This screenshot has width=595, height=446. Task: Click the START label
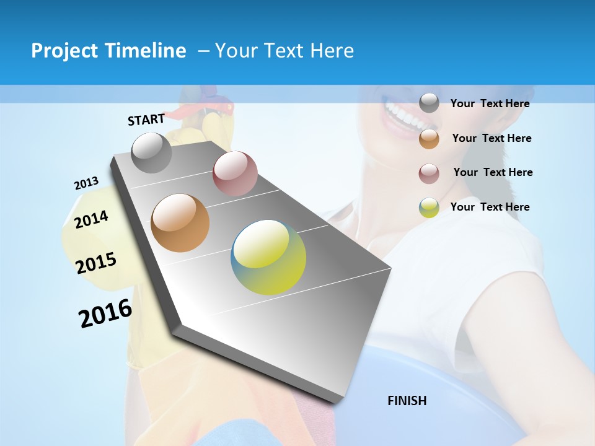tap(146, 119)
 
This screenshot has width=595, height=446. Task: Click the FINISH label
tap(407, 401)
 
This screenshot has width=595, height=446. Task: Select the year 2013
tap(86, 183)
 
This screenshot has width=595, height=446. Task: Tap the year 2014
tap(91, 219)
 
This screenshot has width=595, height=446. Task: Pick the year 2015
tap(96, 263)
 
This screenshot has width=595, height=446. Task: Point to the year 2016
tap(105, 313)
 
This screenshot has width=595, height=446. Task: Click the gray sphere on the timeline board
tap(151, 152)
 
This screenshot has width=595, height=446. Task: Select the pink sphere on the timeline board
tap(235, 173)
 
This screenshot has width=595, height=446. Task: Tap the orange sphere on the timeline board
tap(180, 223)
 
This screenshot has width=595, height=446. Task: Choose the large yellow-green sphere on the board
tap(268, 257)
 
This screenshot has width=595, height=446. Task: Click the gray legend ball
tap(429, 103)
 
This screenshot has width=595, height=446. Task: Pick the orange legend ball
tap(429, 139)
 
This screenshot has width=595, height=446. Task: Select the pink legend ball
tap(429, 173)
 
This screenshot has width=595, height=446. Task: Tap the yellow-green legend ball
tap(429, 208)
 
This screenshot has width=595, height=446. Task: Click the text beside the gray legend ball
tap(490, 103)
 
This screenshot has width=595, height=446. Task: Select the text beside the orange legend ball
tap(491, 138)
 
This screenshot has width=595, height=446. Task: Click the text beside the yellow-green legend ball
tap(490, 207)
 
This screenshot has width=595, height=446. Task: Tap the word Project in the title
tap(60, 51)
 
